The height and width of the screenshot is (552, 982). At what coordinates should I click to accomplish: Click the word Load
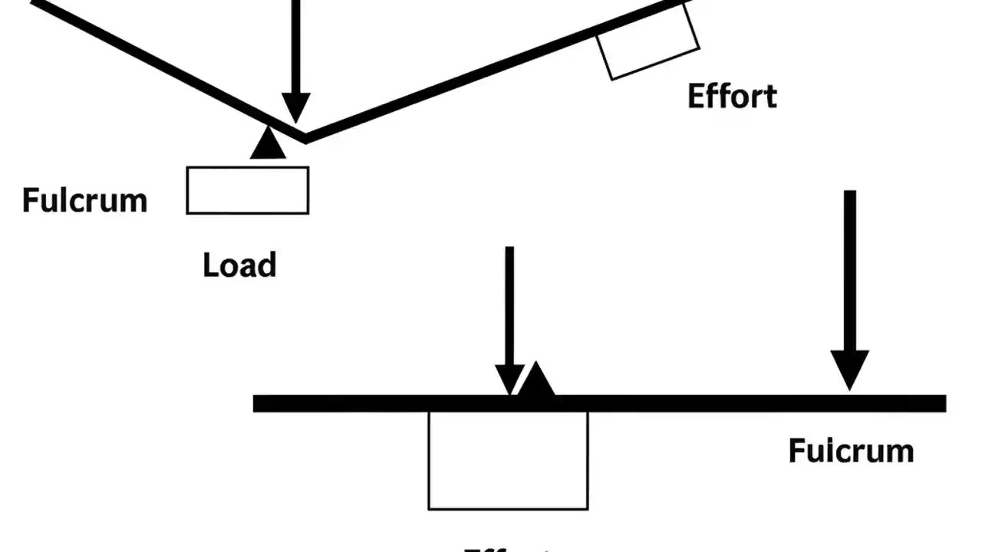pyautogui.click(x=239, y=265)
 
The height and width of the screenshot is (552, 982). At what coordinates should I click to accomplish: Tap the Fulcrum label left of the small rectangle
pyautogui.click(x=84, y=200)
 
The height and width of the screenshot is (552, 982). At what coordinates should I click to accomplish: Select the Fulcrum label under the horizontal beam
pyautogui.click(x=851, y=450)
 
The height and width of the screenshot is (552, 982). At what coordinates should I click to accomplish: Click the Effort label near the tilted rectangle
pyautogui.click(x=732, y=97)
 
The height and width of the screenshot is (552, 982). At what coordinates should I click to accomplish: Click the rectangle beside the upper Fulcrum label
pyautogui.click(x=248, y=190)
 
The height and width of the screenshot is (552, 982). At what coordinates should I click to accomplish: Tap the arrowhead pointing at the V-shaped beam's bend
pyautogui.click(x=296, y=107)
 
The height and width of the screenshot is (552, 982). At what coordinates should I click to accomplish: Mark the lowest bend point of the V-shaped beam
pyautogui.click(x=305, y=138)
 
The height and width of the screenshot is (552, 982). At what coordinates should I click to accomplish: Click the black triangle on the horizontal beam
pyautogui.click(x=537, y=381)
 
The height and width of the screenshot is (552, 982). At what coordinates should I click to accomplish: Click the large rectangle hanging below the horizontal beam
pyautogui.click(x=508, y=460)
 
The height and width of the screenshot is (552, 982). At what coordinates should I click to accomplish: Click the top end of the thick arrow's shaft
pyautogui.click(x=850, y=193)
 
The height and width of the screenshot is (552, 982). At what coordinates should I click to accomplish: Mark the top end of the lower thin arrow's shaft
pyautogui.click(x=509, y=249)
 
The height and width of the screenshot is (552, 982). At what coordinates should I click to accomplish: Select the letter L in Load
pyautogui.click(x=210, y=265)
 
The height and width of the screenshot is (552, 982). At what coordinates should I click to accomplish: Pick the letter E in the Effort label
pyautogui.click(x=695, y=97)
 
